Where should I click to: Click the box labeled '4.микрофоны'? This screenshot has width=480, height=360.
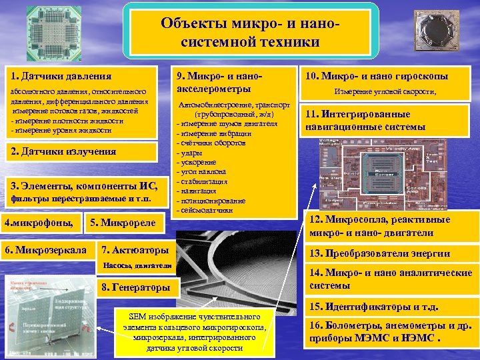[x=41, y=222]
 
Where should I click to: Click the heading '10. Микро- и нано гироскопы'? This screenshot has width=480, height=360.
[x=391, y=76]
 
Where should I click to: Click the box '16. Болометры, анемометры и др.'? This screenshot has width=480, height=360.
[x=390, y=331]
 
